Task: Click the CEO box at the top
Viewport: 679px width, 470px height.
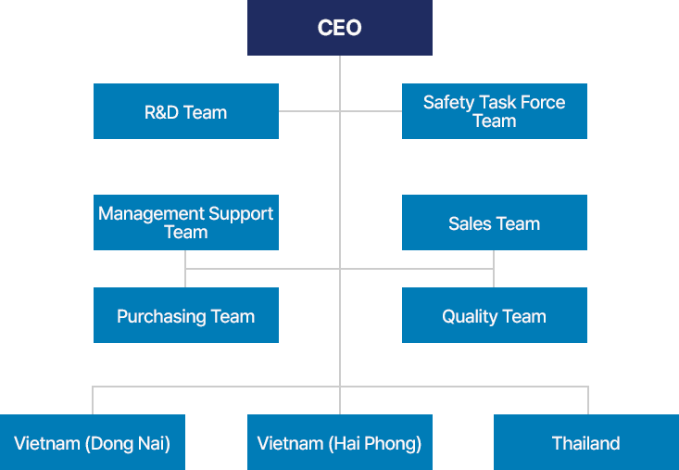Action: coord(339,28)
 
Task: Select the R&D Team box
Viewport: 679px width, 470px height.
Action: coord(185,111)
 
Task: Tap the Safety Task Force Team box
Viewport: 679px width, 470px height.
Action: coord(494,111)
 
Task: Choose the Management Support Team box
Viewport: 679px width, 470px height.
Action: coord(185,222)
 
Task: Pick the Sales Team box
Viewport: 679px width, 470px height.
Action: coord(494,222)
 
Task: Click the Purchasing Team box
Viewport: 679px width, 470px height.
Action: coord(185,315)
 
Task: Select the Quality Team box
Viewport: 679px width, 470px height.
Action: coord(494,315)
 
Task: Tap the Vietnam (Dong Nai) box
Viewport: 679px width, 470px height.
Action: coord(93,442)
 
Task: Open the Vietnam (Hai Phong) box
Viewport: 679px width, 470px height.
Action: coord(339,442)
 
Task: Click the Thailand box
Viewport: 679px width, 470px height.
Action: coord(585,442)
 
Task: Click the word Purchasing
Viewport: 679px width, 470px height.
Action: coord(160,317)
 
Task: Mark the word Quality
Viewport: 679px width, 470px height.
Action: coord(470,317)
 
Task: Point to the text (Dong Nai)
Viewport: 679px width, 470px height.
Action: coord(128,443)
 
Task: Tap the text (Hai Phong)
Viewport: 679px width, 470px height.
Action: coord(375,443)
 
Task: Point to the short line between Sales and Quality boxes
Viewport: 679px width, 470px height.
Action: coord(494,269)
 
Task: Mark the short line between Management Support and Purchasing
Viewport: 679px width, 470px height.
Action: coord(185,269)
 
